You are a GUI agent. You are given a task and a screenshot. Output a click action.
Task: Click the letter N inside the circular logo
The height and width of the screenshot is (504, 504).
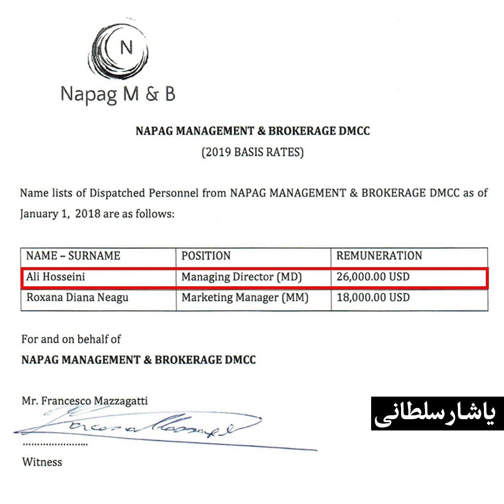pyautogui.click(x=126, y=48)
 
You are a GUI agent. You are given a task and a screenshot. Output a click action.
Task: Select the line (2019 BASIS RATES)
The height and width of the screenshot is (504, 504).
pyautogui.click(x=252, y=152)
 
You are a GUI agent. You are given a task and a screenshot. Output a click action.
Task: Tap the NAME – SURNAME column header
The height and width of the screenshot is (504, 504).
pyautogui.click(x=73, y=255)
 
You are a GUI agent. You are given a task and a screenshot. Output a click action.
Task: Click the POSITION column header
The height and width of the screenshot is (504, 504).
pyautogui.click(x=206, y=255)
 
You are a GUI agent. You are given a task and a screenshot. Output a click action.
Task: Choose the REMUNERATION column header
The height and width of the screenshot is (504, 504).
pyautogui.click(x=379, y=255)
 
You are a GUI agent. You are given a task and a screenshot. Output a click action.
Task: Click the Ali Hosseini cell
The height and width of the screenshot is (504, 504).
pyautogui.click(x=55, y=277)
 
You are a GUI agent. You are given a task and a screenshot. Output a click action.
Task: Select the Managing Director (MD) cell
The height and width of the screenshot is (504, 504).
pyautogui.click(x=242, y=277)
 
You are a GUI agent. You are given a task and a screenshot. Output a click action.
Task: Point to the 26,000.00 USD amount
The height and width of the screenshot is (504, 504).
pyautogui.click(x=373, y=277)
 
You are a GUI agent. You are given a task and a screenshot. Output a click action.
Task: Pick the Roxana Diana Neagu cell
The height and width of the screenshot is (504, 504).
pyautogui.click(x=77, y=298)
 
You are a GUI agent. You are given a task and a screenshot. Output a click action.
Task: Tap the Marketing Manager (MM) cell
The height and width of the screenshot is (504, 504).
pyautogui.click(x=245, y=298)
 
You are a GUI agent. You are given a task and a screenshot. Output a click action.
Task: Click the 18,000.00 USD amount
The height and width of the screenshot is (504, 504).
pyautogui.click(x=373, y=298)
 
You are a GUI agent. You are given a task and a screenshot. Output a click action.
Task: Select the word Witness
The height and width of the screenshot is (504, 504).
pyautogui.click(x=42, y=462)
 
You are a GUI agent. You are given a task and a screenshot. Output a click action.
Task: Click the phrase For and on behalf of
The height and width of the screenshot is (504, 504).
pyautogui.click(x=71, y=339)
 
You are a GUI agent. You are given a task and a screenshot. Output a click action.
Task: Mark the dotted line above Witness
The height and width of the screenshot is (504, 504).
pyautogui.click(x=55, y=444)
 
